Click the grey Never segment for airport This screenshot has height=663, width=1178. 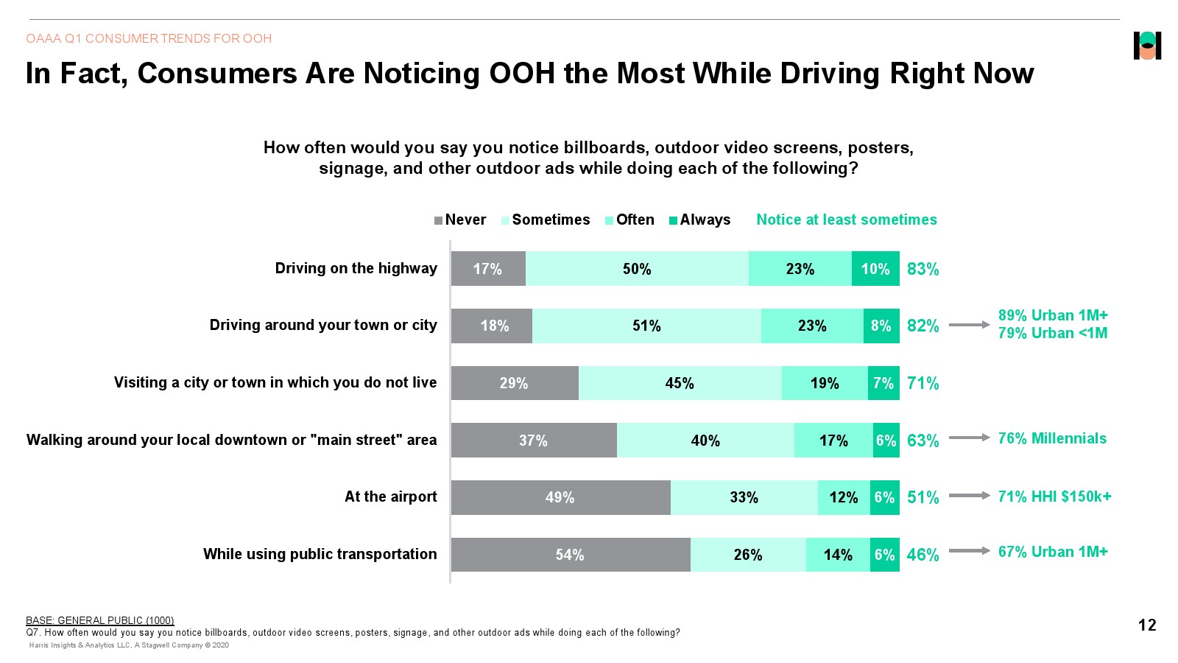point(560,497)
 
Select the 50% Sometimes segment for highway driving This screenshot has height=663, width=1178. point(637,269)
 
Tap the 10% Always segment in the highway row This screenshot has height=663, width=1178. point(875,269)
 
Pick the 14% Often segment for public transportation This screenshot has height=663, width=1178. point(838,555)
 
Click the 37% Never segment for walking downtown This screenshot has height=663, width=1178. point(533,441)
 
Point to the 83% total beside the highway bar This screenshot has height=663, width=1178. point(923,269)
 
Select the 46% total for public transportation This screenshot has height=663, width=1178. point(923,555)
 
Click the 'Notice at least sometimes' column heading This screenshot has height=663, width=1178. point(847,220)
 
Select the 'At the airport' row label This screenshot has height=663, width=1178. point(390,497)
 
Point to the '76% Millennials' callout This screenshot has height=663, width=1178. point(1052,438)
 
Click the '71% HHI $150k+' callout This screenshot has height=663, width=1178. point(1054,497)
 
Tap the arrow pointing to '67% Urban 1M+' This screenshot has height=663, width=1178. point(969,550)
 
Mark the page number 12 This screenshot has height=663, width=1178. point(1147,625)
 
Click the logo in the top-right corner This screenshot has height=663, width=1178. point(1147,46)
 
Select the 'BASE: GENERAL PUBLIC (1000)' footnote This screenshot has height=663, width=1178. point(100,620)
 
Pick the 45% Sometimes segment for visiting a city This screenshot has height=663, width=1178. point(680,383)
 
